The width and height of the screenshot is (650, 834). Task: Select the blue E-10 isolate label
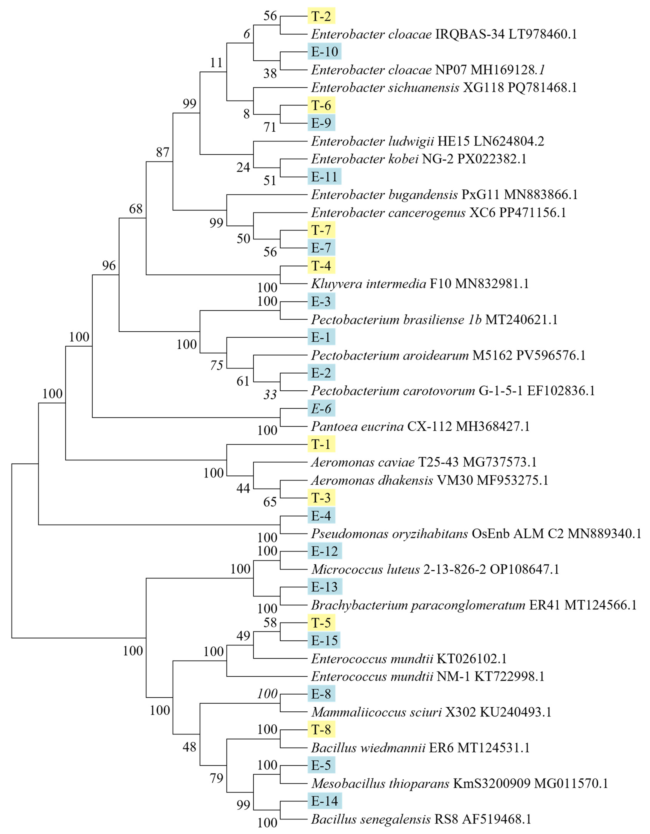[x=324, y=52]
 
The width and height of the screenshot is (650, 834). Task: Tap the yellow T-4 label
[x=321, y=265]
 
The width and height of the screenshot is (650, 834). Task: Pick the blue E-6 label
[x=321, y=409]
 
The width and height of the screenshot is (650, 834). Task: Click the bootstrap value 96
[x=109, y=265]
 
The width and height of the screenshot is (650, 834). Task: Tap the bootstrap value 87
[x=163, y=152]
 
